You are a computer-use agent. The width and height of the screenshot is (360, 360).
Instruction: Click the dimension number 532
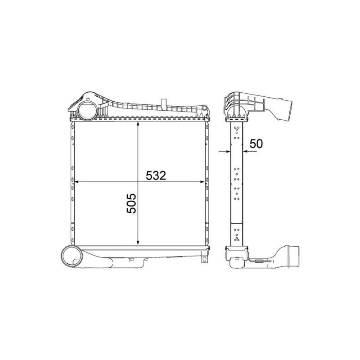[x=156, y=175]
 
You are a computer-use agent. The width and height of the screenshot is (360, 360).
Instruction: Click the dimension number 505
[x=131, y=203]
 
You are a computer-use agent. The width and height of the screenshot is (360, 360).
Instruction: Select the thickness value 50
[x=256, y=144]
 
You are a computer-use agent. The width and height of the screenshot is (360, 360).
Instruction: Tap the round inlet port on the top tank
[x=87, y=110]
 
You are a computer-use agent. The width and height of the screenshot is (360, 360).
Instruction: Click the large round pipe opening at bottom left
[x=72, y=256]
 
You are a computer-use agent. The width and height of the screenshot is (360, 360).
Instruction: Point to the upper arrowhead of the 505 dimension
[x=138, y=124]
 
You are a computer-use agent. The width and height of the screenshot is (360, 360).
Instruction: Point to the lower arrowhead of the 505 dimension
[x=138, y=243]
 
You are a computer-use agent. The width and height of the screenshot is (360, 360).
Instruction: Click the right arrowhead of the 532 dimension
[x=202, y=182]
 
